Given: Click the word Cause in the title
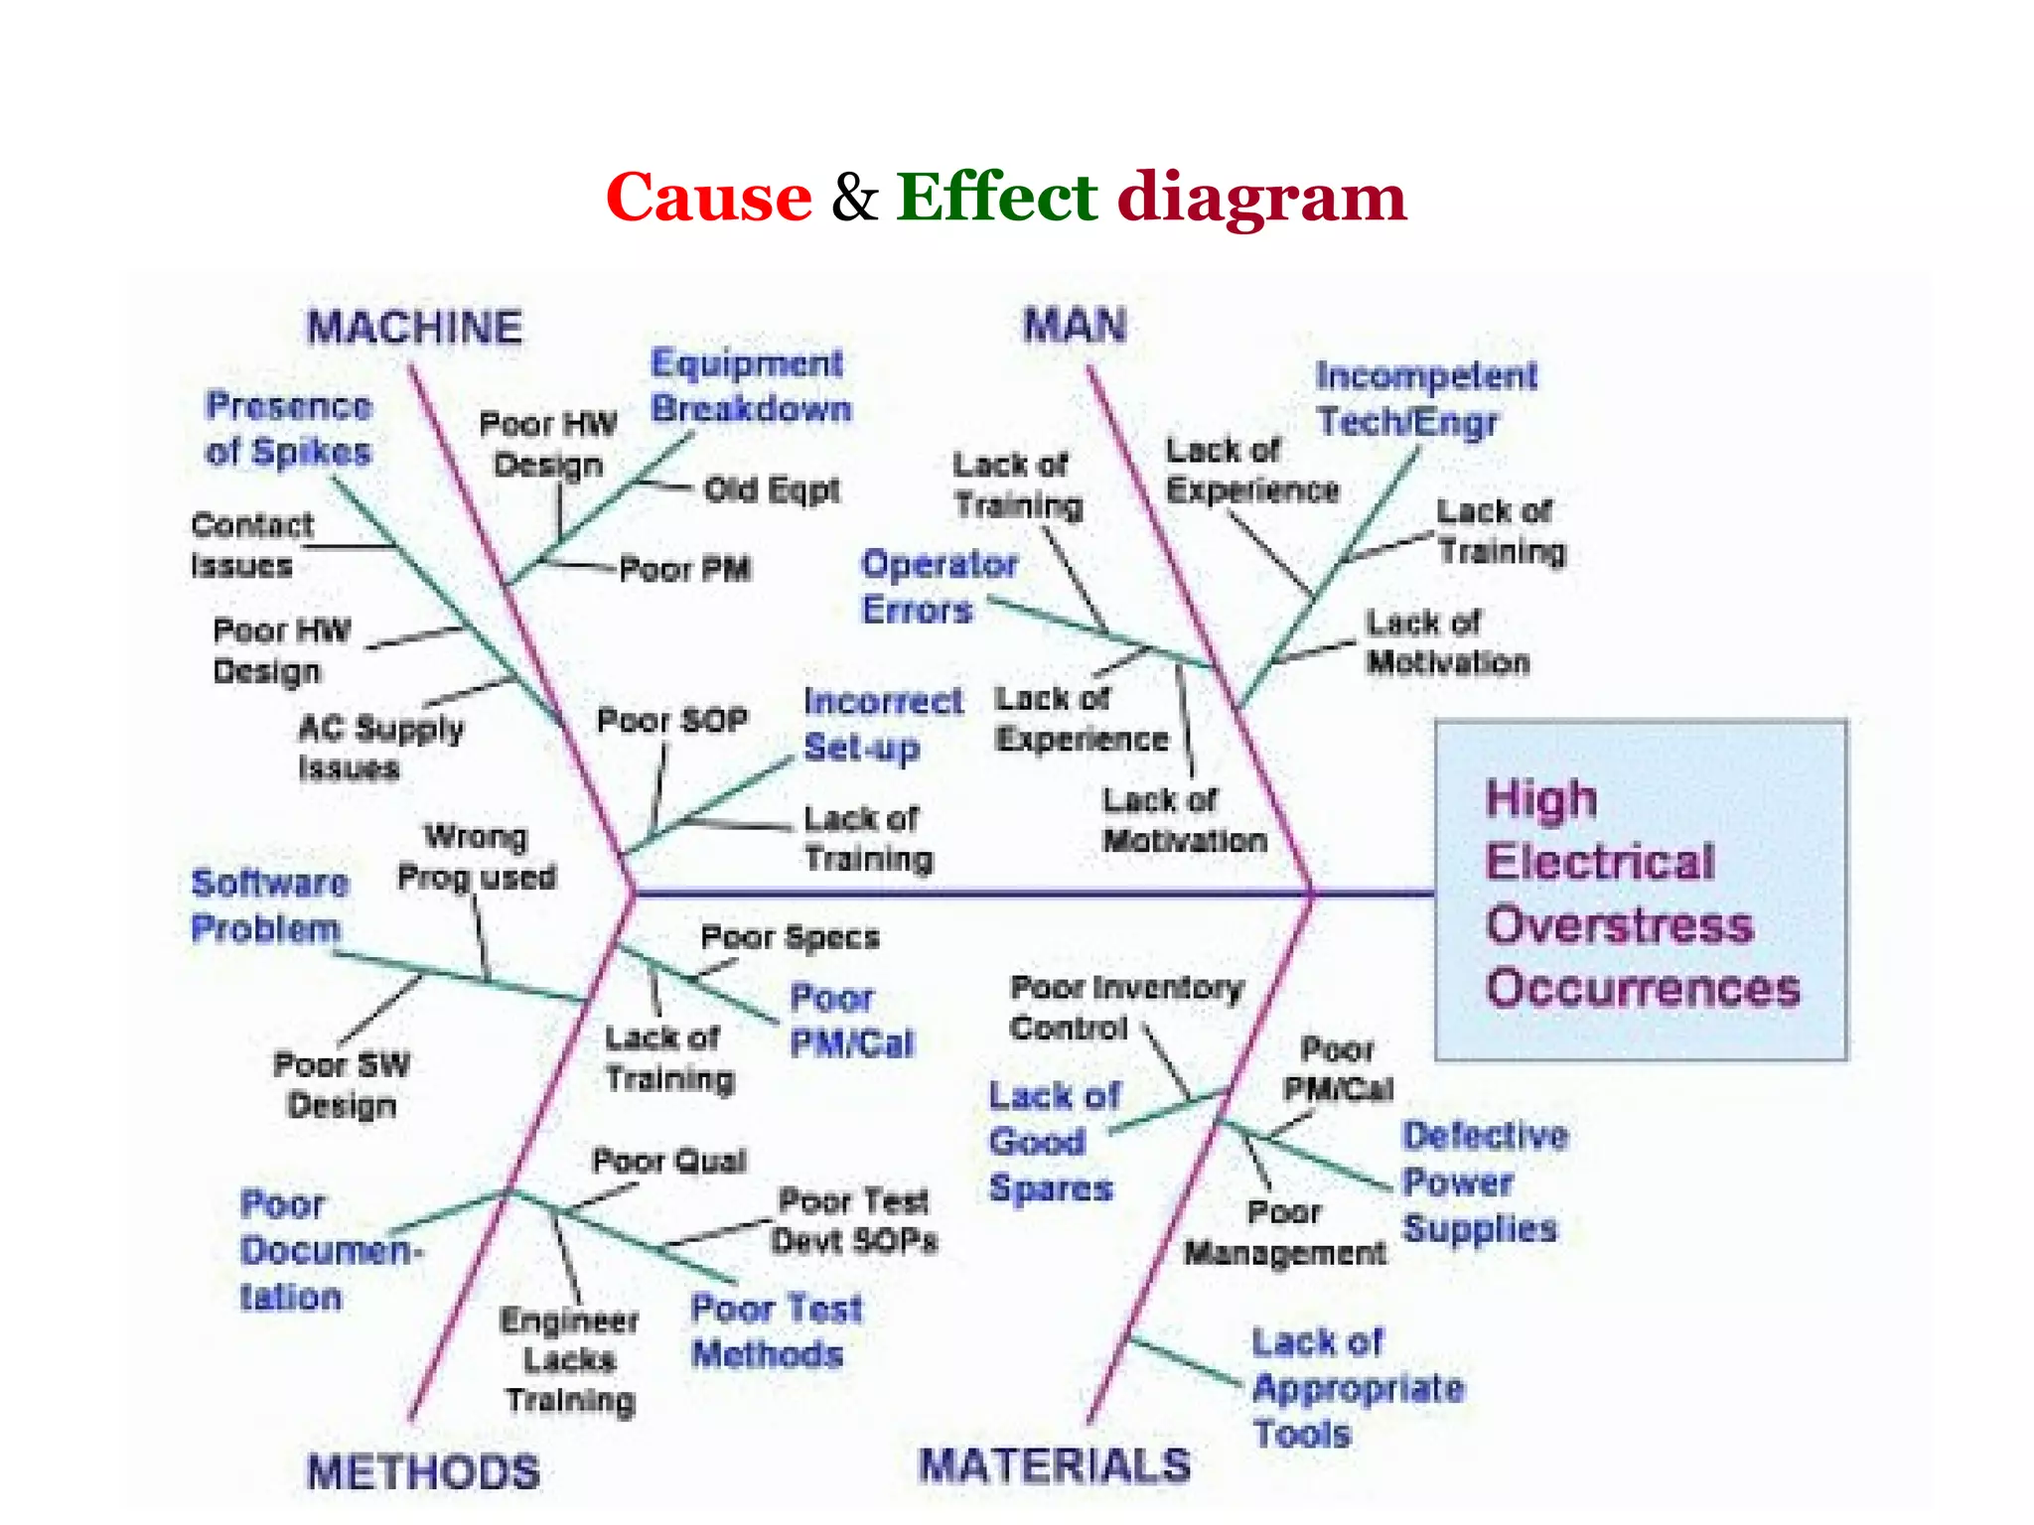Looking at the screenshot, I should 708,197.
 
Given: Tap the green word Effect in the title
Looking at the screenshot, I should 996,197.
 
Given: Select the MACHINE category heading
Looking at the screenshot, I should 414,328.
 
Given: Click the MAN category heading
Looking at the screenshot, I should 1075,326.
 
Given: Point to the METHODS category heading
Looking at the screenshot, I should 423,1471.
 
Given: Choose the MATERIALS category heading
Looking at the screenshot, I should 1055,1465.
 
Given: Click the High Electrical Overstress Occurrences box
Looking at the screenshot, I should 1641,891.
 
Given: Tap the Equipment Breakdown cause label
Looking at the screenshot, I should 751,386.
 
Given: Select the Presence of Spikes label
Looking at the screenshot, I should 288,429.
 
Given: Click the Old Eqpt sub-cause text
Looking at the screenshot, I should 772,489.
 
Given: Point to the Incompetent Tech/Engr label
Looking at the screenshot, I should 1425,398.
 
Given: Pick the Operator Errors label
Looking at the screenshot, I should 938,587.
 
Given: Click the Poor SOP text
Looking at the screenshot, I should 671,720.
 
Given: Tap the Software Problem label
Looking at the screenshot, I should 269,905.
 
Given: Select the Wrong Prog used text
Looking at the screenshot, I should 477,857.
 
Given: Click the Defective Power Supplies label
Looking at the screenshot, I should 1484,1181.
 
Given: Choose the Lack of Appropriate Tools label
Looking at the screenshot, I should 1357,1388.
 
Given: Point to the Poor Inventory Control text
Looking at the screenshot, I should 1125,1008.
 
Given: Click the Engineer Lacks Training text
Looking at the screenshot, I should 569,1360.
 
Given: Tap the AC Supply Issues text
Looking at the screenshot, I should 379,748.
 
